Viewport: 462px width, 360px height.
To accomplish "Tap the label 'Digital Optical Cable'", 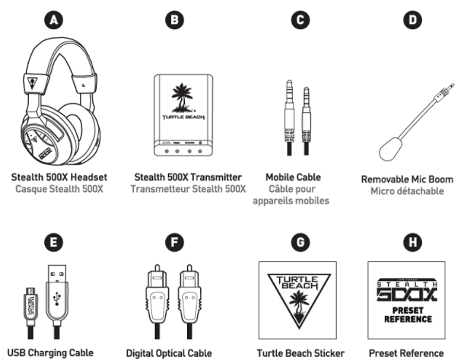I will [169, 353].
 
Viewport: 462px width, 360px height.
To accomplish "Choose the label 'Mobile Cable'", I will [293, 178].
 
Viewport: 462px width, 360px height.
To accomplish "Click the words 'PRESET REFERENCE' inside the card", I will [407, 314].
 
